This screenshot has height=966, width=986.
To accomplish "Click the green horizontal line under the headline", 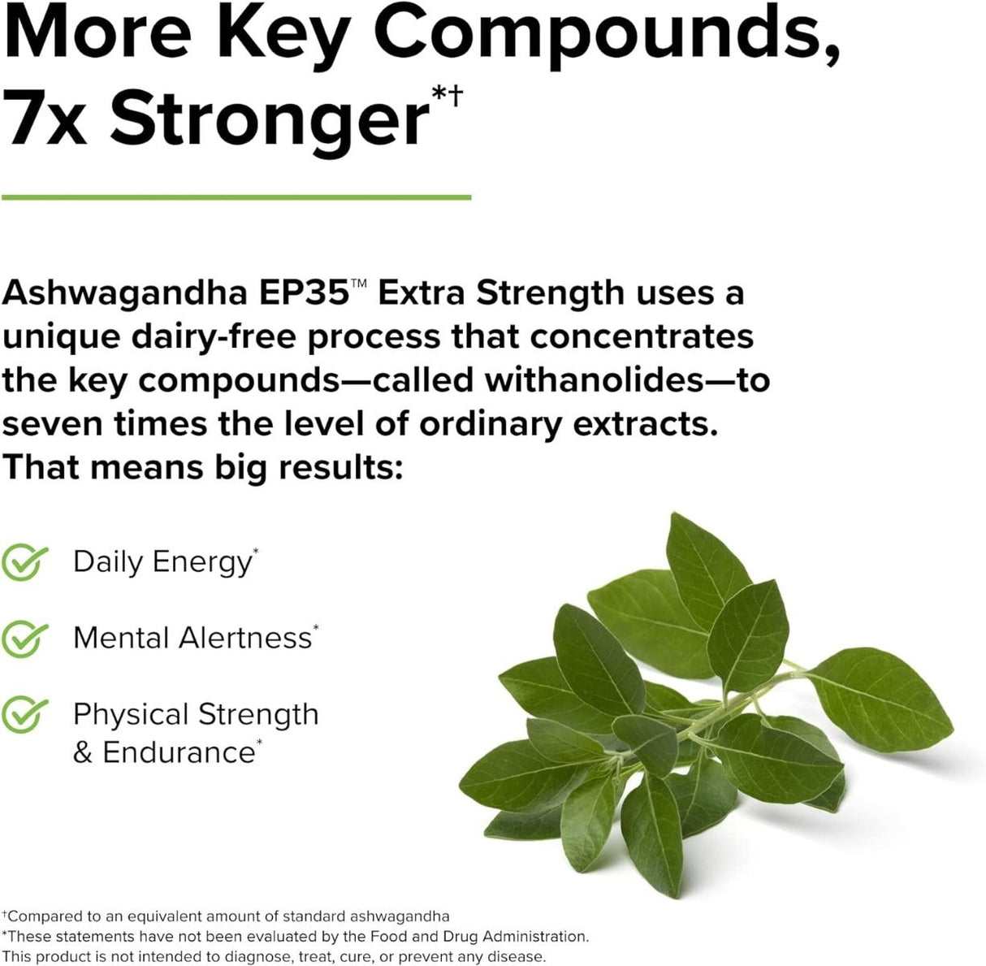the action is (236, 197).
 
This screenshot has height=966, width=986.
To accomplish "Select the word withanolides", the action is (594, 380).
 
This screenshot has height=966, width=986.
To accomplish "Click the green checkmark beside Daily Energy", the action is (24, 562).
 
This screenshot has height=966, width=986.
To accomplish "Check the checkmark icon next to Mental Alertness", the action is (24, 639).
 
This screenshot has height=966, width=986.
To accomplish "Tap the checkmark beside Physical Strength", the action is (24, 715).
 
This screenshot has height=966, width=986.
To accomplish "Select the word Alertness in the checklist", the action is (245, 639).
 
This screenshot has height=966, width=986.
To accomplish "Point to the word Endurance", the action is (179, 752).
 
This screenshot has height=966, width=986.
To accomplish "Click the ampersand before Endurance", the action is (82, 753).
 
